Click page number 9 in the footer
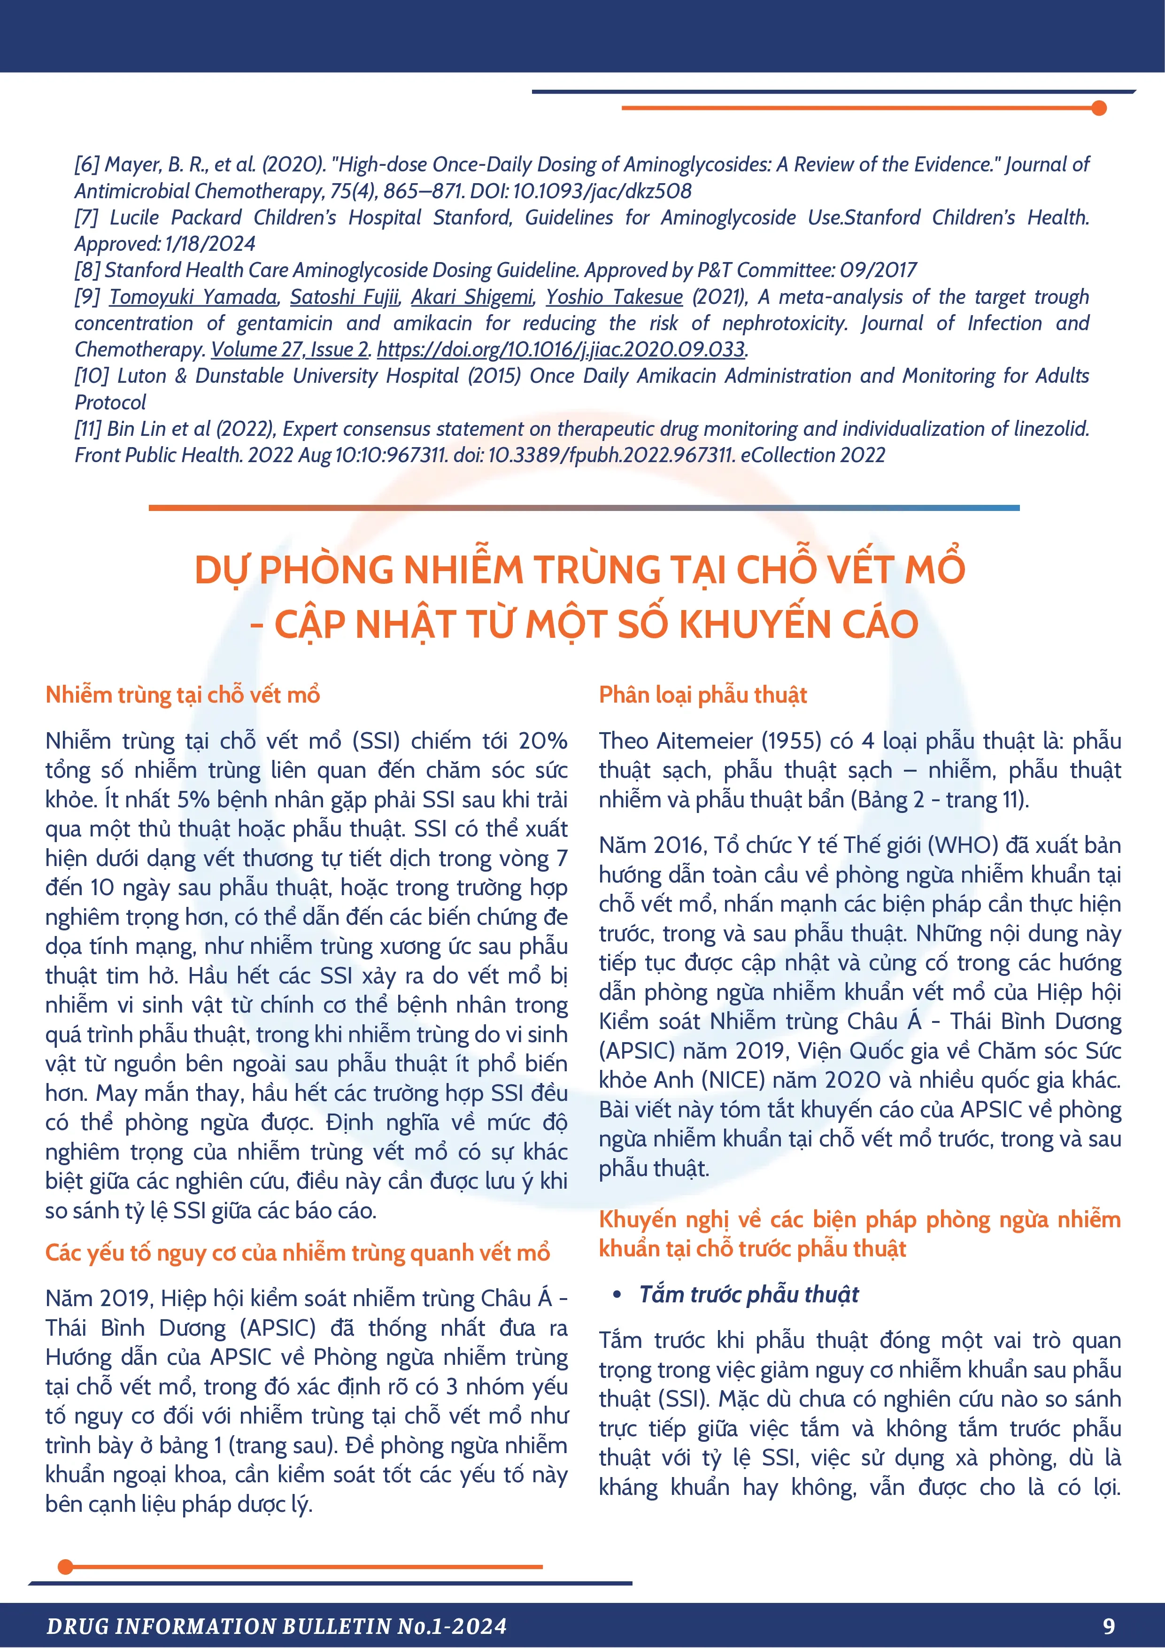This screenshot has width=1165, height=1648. [1109, 1626]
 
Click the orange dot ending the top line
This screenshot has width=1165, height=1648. [1098, 108]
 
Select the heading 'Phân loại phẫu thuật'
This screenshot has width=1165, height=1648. [703, 695]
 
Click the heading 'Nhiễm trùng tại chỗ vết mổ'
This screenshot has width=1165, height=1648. [182, 695]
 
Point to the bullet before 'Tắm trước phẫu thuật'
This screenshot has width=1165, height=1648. [617, 1294]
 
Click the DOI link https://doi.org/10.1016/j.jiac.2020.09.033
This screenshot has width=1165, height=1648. [561, 349]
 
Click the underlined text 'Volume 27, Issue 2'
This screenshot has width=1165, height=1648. [290, 349]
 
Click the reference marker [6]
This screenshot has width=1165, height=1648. [87, 164]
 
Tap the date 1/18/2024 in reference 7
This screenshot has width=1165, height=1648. [209, 244]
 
